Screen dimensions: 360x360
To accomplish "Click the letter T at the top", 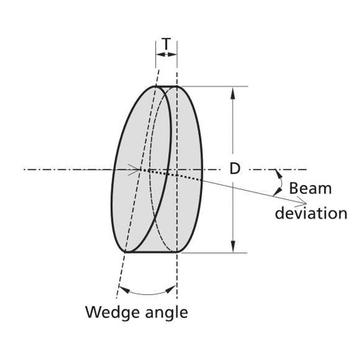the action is pos(166,44).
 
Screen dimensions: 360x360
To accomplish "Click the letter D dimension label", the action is pos(235,169).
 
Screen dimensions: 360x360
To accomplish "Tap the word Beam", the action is pos(310,189).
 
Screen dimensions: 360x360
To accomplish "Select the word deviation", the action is pos(311,213).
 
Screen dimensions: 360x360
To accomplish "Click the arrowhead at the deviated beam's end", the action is pos(302,202).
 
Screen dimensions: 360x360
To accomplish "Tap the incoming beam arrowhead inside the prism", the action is pos(135,170).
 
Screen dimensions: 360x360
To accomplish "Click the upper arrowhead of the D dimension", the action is pos(233,93).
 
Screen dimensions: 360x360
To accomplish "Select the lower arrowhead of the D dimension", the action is pos(233,246).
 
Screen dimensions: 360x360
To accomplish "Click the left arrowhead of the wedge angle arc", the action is pos(124,290).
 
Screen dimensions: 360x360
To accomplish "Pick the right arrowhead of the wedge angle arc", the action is pos(171,289).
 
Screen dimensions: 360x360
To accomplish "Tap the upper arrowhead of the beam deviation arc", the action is pos(278,174).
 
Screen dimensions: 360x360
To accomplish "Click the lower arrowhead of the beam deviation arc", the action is pos(277,192).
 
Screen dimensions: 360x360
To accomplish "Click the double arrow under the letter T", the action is pos(166,54).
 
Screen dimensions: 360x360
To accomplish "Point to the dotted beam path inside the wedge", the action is pos(172,175).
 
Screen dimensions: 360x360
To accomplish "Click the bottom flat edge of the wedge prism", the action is pos(151,252).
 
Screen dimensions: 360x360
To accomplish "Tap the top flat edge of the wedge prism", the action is pos(166,86).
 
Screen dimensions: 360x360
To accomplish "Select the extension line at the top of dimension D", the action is pos(212,86).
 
